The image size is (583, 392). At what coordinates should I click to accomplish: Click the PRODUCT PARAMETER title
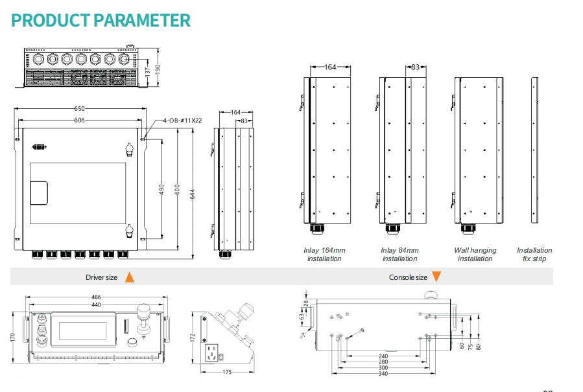click(x=101, y=21)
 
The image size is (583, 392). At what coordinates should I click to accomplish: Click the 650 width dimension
click(x=79, y=108)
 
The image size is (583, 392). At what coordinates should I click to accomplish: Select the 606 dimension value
click(x=79, y=120)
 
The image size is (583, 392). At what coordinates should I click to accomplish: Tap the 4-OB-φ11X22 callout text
click(x=183, y=121)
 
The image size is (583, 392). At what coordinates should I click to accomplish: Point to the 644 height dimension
click(x=192, y=194)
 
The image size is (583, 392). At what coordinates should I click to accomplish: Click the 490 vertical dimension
click(x=161, y=189)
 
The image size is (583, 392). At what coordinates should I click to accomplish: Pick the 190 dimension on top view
click(x=158, y=69)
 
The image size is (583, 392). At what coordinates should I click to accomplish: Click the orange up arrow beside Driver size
click(x=130, y=277)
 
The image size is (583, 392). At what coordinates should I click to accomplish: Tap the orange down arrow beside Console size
click(x=436, y=277)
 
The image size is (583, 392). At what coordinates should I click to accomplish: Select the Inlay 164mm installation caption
click(x=324, y=255)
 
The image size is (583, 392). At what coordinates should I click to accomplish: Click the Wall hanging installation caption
click(x=475, y=255)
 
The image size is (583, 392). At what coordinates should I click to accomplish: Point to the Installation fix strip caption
click(x=534, y=255)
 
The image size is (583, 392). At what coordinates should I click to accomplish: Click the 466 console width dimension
click(x=96, y=297)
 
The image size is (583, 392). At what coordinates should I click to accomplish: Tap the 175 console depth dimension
click(x=227, y=371)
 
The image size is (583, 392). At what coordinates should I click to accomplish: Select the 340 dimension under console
click(x=383, y=373)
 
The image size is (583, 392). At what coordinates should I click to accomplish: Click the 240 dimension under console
click(x=383, y=356)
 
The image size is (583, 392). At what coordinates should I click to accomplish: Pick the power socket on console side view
click(x=212, y=352)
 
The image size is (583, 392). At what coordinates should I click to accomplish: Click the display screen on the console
click(x=82, y=330)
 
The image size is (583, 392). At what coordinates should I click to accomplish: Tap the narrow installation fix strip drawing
click(x=534, y=150)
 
